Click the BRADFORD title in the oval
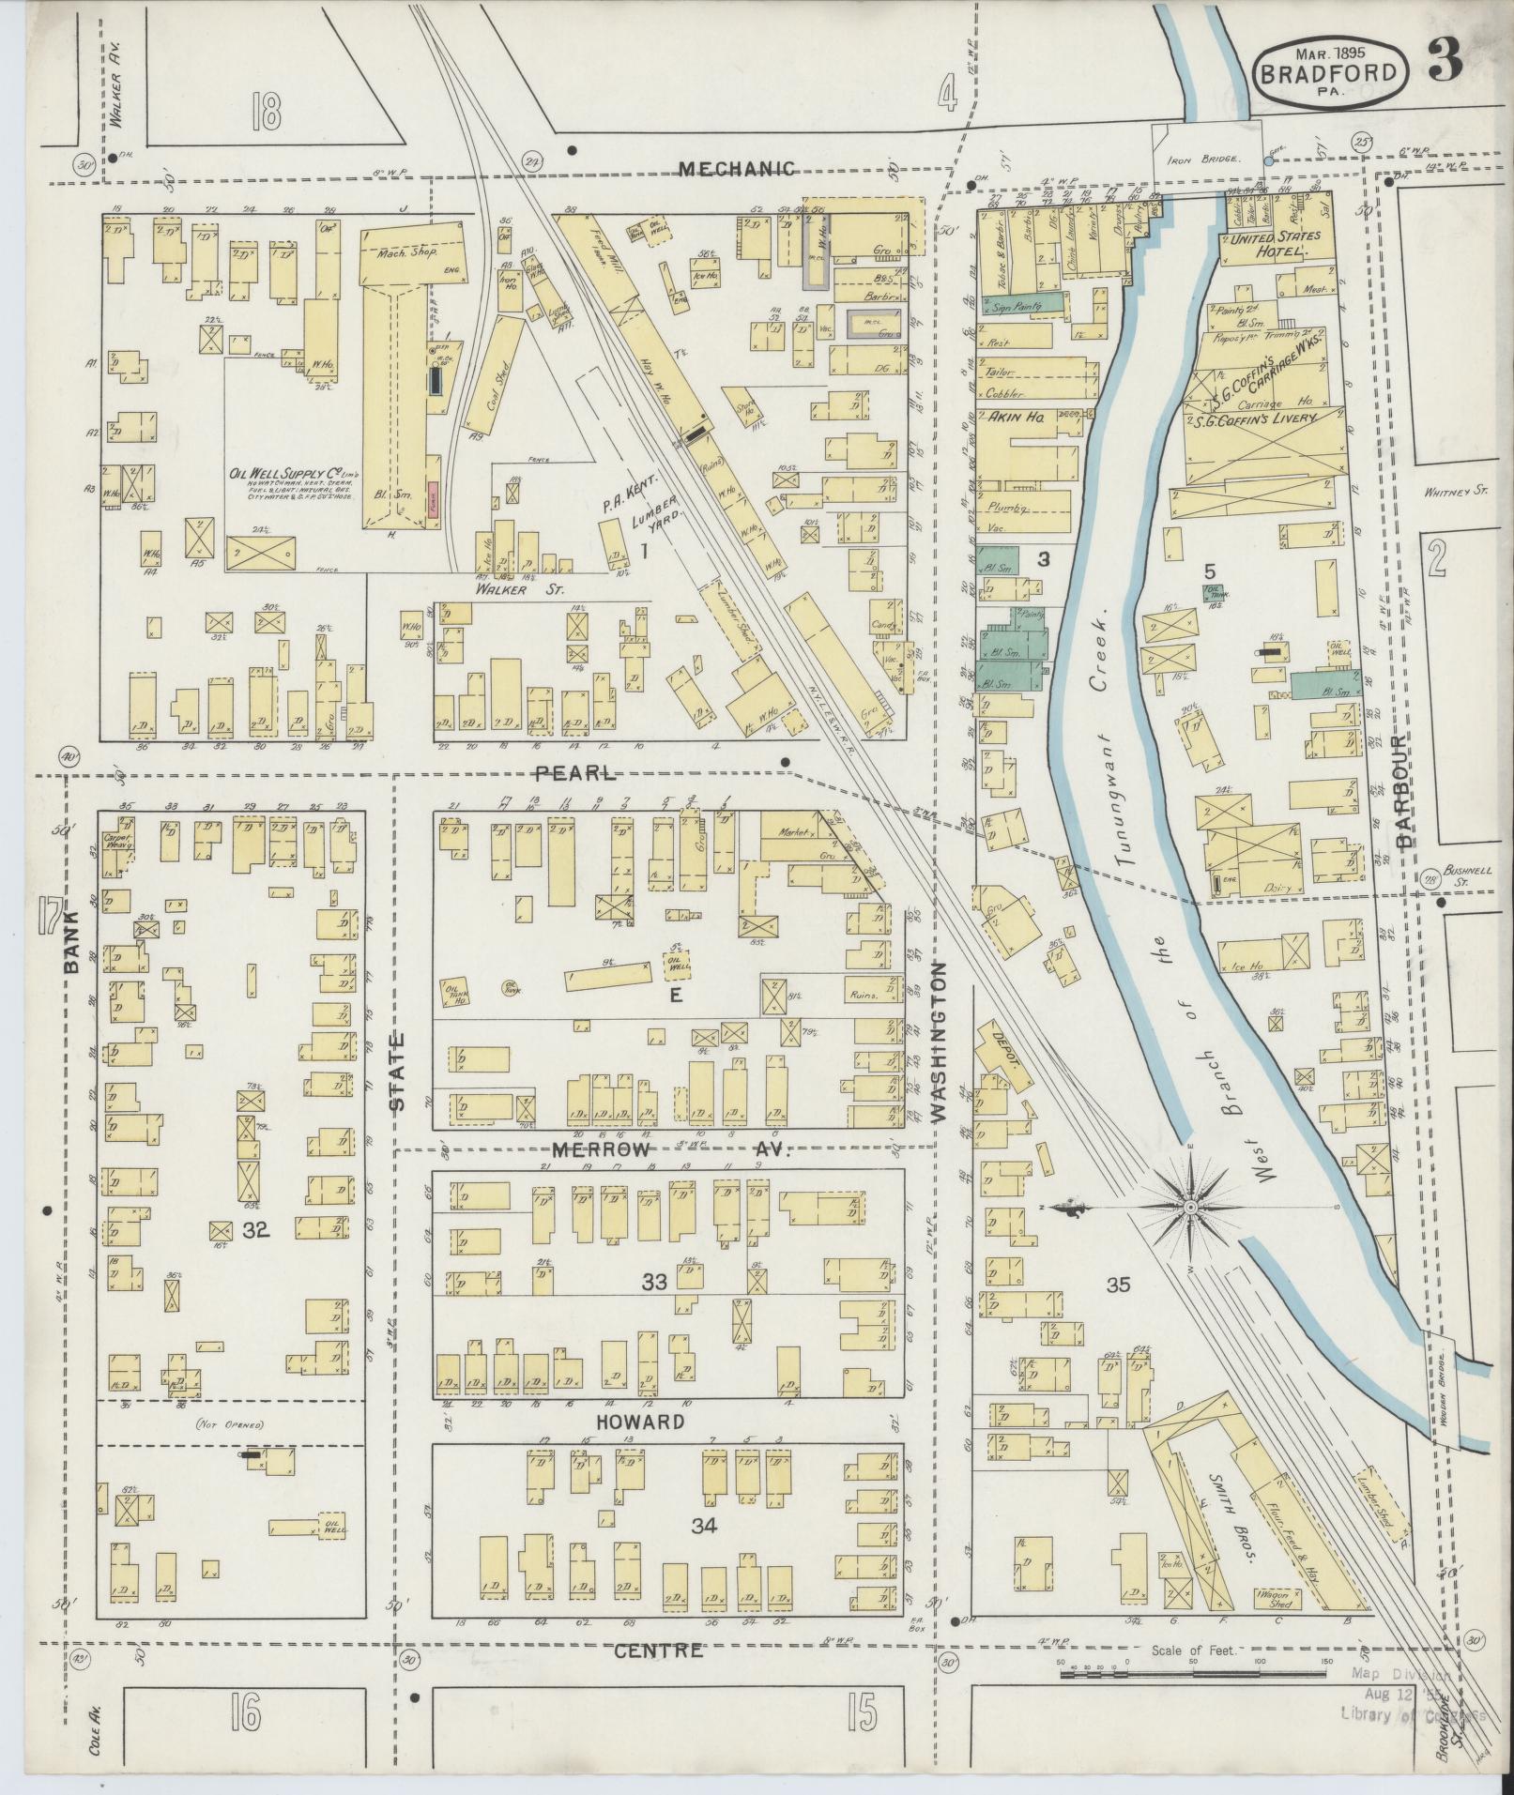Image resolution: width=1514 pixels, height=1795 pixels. [x=1329, y=72]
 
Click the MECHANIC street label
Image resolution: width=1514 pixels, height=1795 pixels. [x=737, y=169]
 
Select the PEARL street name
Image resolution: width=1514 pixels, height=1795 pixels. [x=575, y=774]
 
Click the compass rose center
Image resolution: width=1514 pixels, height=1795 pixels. [x=1190, y=1206]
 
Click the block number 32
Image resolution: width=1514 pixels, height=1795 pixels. [x=254, y=1229]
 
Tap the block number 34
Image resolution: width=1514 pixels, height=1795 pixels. [x=704, y=1527]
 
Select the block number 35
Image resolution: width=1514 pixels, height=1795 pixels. [x=1117, y=1285]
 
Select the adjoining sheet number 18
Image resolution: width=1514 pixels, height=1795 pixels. [x=266, y=113]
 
